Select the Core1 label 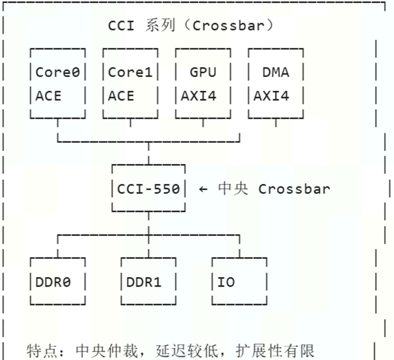(x=130, y=72)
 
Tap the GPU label (x=203, y=72)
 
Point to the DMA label (x=275, y=72)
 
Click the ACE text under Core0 (x=49, y=96)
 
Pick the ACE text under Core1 (x=121, y=96)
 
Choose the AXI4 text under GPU (x=199, y=96)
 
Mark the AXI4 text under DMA (x=272, y=96)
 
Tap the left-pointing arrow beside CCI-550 (x=203, y=189)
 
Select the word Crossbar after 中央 (x=294, y=189)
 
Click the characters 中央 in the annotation (x=233, y=189)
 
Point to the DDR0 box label (x=53, y=282)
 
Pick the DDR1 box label (x=144, y=282)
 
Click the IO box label (x=226, y=282)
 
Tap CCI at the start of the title (x=121, y=25)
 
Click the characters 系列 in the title (x=160, y=25)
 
